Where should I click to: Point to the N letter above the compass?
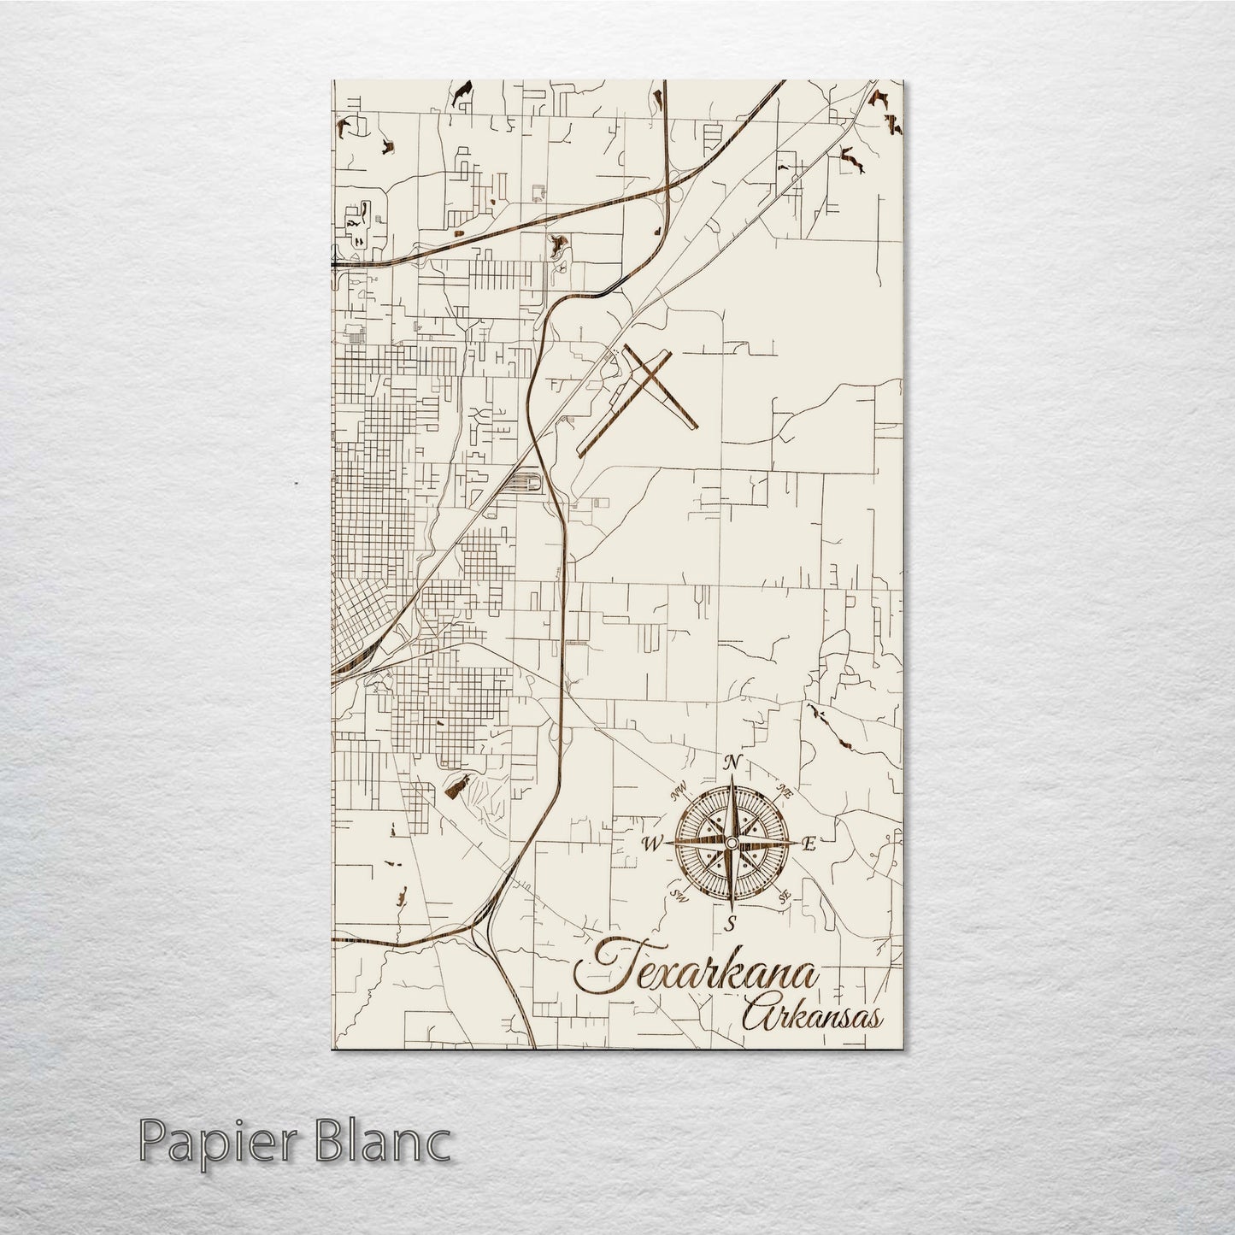(x=732, y=763)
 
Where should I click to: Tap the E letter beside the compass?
(x=809, y=845)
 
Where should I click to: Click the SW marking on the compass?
(x=680, y=896)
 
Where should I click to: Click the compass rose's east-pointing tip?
(x=794, y=844)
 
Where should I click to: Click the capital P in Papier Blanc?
(x=154, y=1143)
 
